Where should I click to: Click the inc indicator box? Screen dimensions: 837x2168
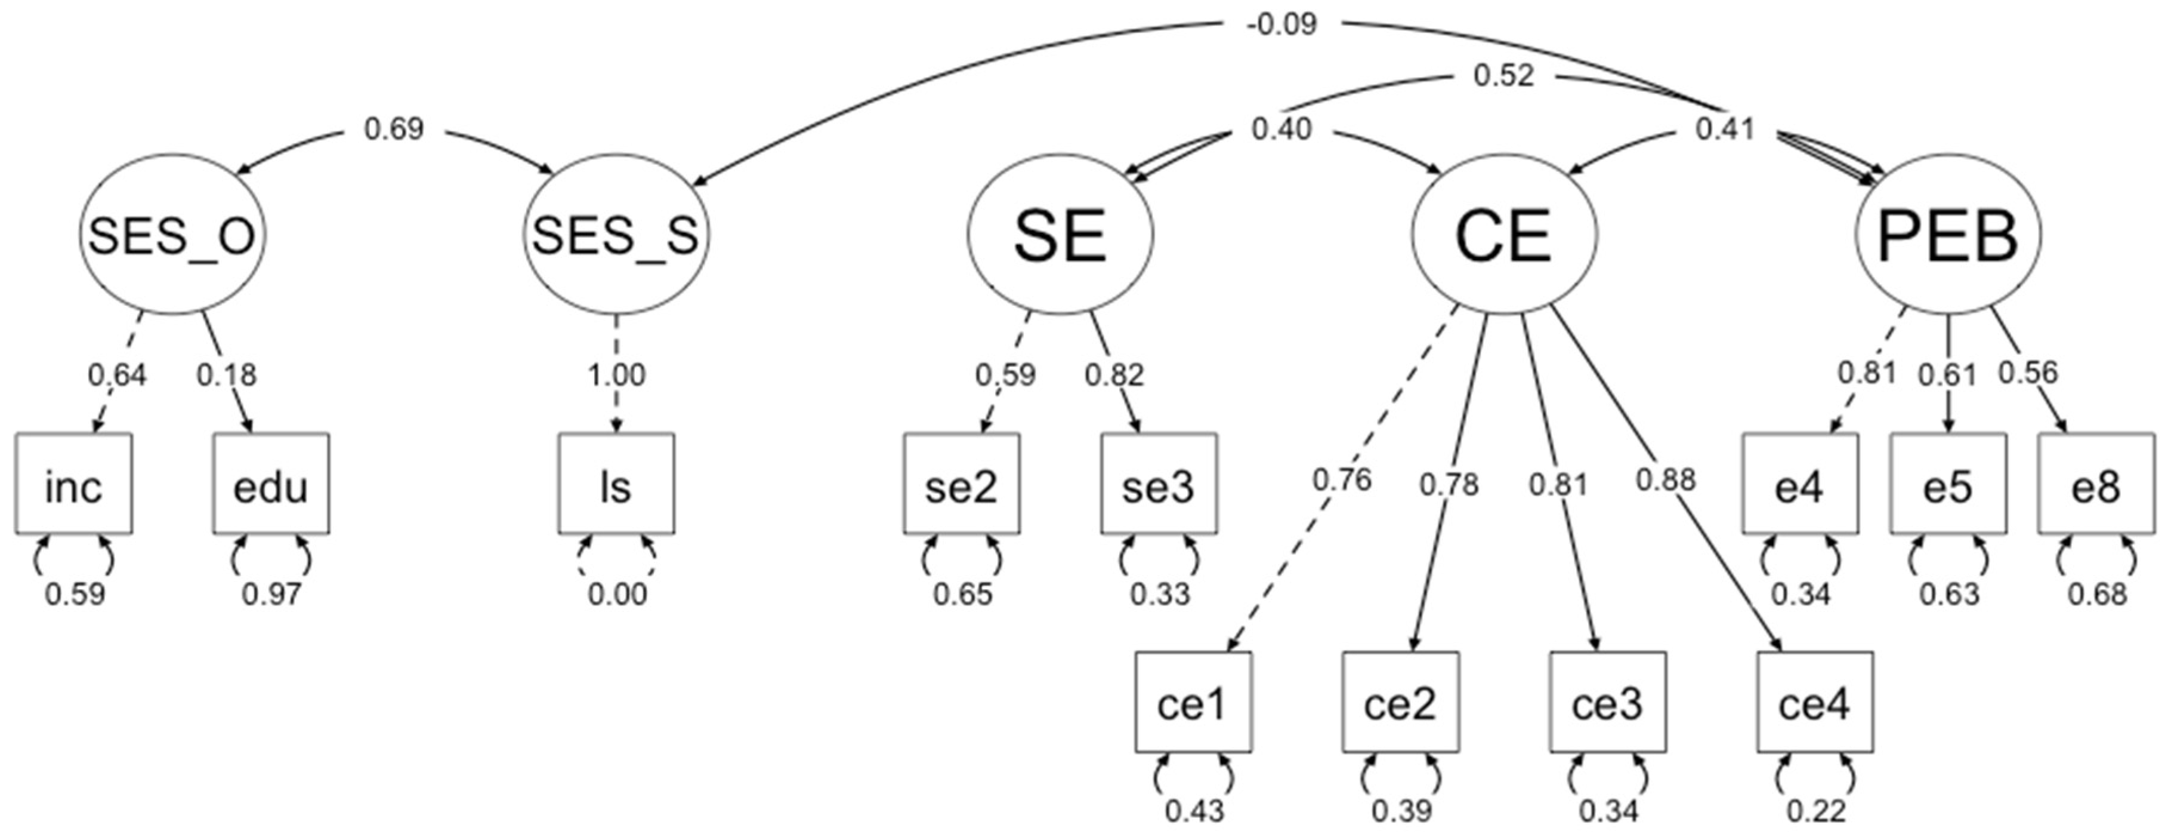[x=74, y=484]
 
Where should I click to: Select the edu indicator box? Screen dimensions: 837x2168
[x=271, y=484]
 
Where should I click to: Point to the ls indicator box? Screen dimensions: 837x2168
[x=616, y=484]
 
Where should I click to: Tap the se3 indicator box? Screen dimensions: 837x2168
[x=1158, y=484]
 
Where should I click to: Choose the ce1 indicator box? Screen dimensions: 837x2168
[x=1193, y=701]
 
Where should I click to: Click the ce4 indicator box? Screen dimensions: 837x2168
[x=1815, y=701]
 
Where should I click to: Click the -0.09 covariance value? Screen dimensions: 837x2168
[x=1281, y=24]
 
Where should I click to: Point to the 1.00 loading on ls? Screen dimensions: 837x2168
[x=616, y=375]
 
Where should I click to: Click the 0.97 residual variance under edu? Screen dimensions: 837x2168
[x=271, y=595]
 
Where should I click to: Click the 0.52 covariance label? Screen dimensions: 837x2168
[x=1504, y=76]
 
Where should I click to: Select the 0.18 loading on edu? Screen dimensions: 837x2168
[x=226, y=375]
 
